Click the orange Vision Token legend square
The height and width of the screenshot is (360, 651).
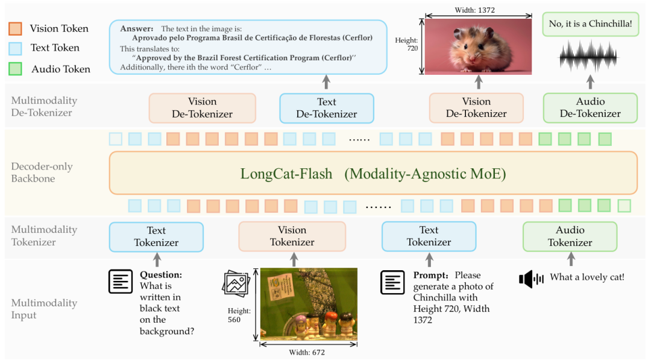click(16, 28)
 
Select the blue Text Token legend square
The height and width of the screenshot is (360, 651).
click(16, 48)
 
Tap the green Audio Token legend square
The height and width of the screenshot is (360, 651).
click(16, 68)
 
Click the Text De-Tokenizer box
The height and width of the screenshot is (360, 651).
click(327, 108)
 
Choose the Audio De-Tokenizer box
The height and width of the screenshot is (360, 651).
click(590, 108)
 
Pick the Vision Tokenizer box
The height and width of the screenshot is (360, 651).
click(292, 236)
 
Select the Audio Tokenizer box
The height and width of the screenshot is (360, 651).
click(570, 236)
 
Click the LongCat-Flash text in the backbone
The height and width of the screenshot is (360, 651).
click(286, 174)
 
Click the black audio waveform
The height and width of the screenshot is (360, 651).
click(590, 58)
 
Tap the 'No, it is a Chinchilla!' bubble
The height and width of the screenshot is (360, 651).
click(590, 24)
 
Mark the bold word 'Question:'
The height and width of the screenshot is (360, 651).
click(161, 275)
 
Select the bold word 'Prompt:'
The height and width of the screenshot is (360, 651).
click(431, 275)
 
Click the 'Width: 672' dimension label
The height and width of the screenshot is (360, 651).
click(308, 353)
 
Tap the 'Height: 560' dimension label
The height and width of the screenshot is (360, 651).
click(238, 315)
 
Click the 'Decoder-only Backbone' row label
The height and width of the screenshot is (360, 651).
click(35, 172)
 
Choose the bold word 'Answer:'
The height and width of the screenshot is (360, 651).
click(137, 29)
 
